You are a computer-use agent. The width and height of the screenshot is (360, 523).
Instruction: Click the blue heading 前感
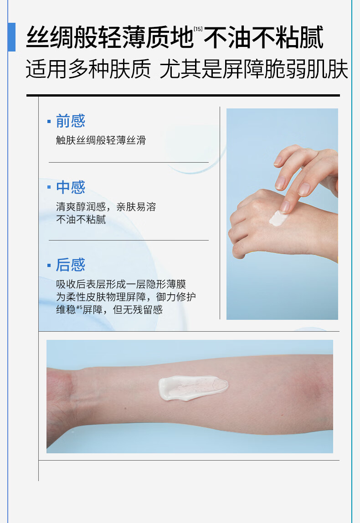click(70, 121)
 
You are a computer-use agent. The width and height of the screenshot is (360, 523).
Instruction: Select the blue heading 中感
click(70, 187)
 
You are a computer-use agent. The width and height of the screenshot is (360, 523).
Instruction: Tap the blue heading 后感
click(70, 265)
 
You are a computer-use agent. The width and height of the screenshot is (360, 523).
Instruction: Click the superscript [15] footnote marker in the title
click(198, 29)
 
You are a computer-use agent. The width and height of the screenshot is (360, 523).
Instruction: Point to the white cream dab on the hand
click(278, 219)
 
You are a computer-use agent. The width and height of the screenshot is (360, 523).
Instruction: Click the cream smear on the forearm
click(193, 387)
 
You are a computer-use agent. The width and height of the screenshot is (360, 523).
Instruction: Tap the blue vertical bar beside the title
click(11, 37)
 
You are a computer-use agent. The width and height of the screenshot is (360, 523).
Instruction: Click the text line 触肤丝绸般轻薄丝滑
click(101, 140)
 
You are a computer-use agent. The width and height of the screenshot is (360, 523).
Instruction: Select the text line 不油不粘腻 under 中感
click(81, 220)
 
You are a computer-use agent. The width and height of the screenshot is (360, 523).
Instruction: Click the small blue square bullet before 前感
click(49, 121)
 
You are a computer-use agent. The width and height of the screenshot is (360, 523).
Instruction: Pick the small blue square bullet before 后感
click(49, 266)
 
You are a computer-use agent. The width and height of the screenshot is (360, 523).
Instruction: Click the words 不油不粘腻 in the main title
click(263, 37)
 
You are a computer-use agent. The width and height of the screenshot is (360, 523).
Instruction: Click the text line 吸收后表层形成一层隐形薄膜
click(121, 284)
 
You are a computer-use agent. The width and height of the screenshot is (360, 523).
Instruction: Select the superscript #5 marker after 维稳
click(79, 307)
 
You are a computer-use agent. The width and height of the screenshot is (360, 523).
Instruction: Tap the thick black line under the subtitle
click(183, 95)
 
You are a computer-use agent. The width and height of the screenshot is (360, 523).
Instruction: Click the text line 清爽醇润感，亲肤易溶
click(106, 207)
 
